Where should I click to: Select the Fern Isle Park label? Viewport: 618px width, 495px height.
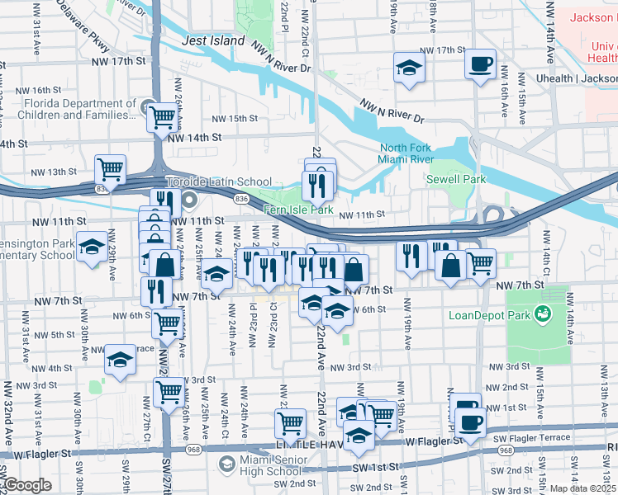coord(298,210)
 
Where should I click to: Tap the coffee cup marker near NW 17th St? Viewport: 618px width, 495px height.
coord(480,64)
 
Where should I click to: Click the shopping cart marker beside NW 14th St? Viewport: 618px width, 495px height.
coord(161,118)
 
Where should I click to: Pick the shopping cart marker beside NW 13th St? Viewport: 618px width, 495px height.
coord(110,169)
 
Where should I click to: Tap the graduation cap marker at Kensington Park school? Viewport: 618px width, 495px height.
coord(92,246)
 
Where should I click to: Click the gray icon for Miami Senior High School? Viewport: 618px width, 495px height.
coord(225,464)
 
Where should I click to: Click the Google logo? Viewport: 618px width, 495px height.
coord(28,485)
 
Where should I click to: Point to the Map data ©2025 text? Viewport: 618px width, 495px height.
coord(582,488)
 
